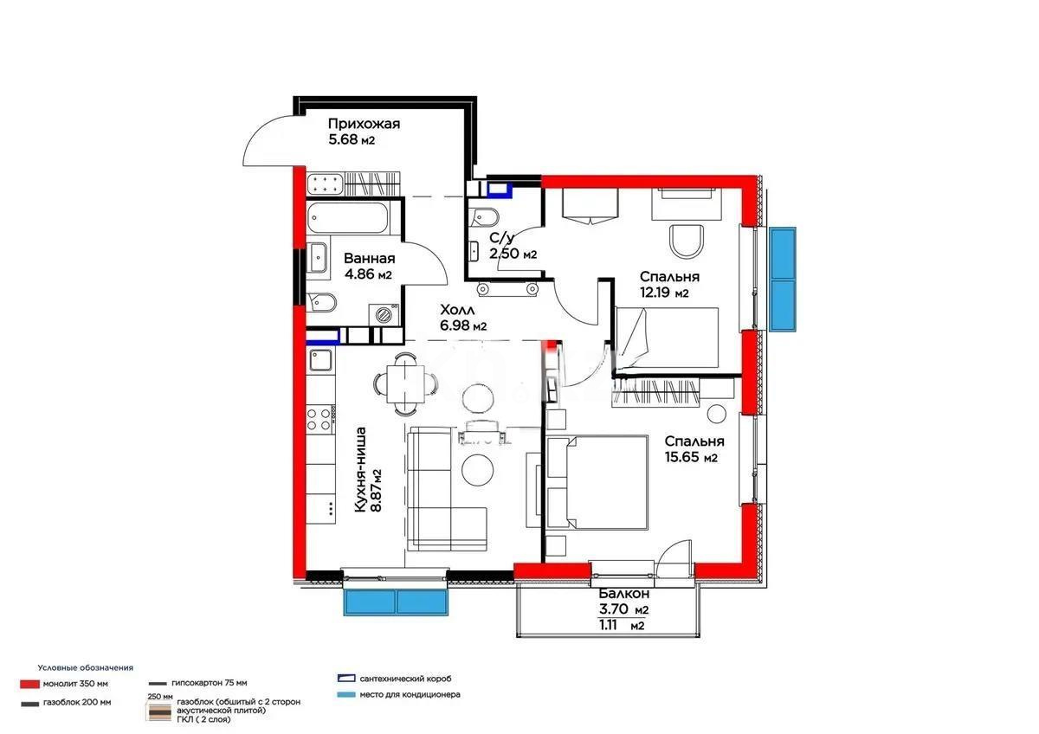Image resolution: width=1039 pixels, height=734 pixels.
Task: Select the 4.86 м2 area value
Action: coord(368,274)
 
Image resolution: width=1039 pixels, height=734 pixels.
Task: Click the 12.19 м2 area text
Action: coord(664,293)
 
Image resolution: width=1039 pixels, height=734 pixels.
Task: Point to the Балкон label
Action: coord(624,595)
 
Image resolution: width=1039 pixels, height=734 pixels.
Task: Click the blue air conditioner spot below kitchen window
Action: coord(395,602)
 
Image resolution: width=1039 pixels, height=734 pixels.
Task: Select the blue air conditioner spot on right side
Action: coord(783,279)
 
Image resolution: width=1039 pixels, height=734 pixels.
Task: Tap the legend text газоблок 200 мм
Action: coord(77,703)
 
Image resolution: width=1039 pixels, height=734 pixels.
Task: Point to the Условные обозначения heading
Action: coord(86,667)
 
